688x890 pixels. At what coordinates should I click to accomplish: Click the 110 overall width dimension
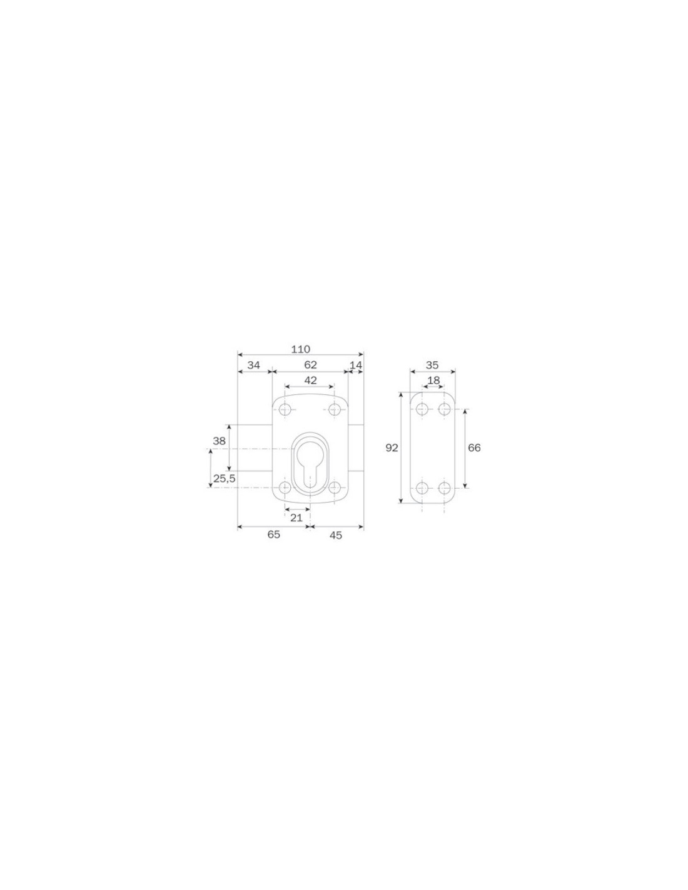[300, 349]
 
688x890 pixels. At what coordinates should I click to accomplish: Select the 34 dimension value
[254, 365]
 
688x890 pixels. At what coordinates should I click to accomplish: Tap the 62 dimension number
[310, 364]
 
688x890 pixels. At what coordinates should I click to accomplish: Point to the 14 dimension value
[356, 365]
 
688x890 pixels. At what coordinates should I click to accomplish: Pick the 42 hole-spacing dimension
[310, 380]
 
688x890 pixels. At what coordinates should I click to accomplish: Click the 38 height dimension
[220, 441]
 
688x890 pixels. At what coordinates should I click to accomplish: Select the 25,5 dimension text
[225, 478]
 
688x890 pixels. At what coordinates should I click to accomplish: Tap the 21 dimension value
[296, 518]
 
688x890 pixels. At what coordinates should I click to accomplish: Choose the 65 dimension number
[273, 535]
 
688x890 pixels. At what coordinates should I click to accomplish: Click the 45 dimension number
[336, 535]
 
